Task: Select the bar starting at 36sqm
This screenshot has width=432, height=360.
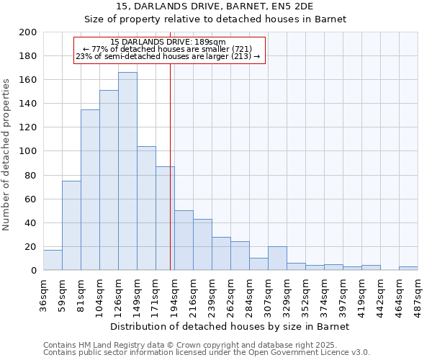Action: coord(53,260)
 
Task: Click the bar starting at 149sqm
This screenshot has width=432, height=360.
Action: coord(146,208)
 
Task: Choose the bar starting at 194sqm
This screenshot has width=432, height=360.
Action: coord(184,240)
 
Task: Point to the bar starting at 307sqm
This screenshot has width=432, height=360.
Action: coord(277,258)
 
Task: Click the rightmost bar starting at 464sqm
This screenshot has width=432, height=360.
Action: coord(408,269)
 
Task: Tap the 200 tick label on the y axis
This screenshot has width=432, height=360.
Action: coord(29,32)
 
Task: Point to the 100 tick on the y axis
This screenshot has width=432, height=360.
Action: coord(29,151)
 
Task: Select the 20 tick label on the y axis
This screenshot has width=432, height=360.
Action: coord(32,247)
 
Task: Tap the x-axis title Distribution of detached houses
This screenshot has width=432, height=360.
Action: coord(230,326)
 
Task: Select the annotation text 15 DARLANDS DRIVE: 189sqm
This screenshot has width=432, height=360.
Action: coord(169,42)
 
